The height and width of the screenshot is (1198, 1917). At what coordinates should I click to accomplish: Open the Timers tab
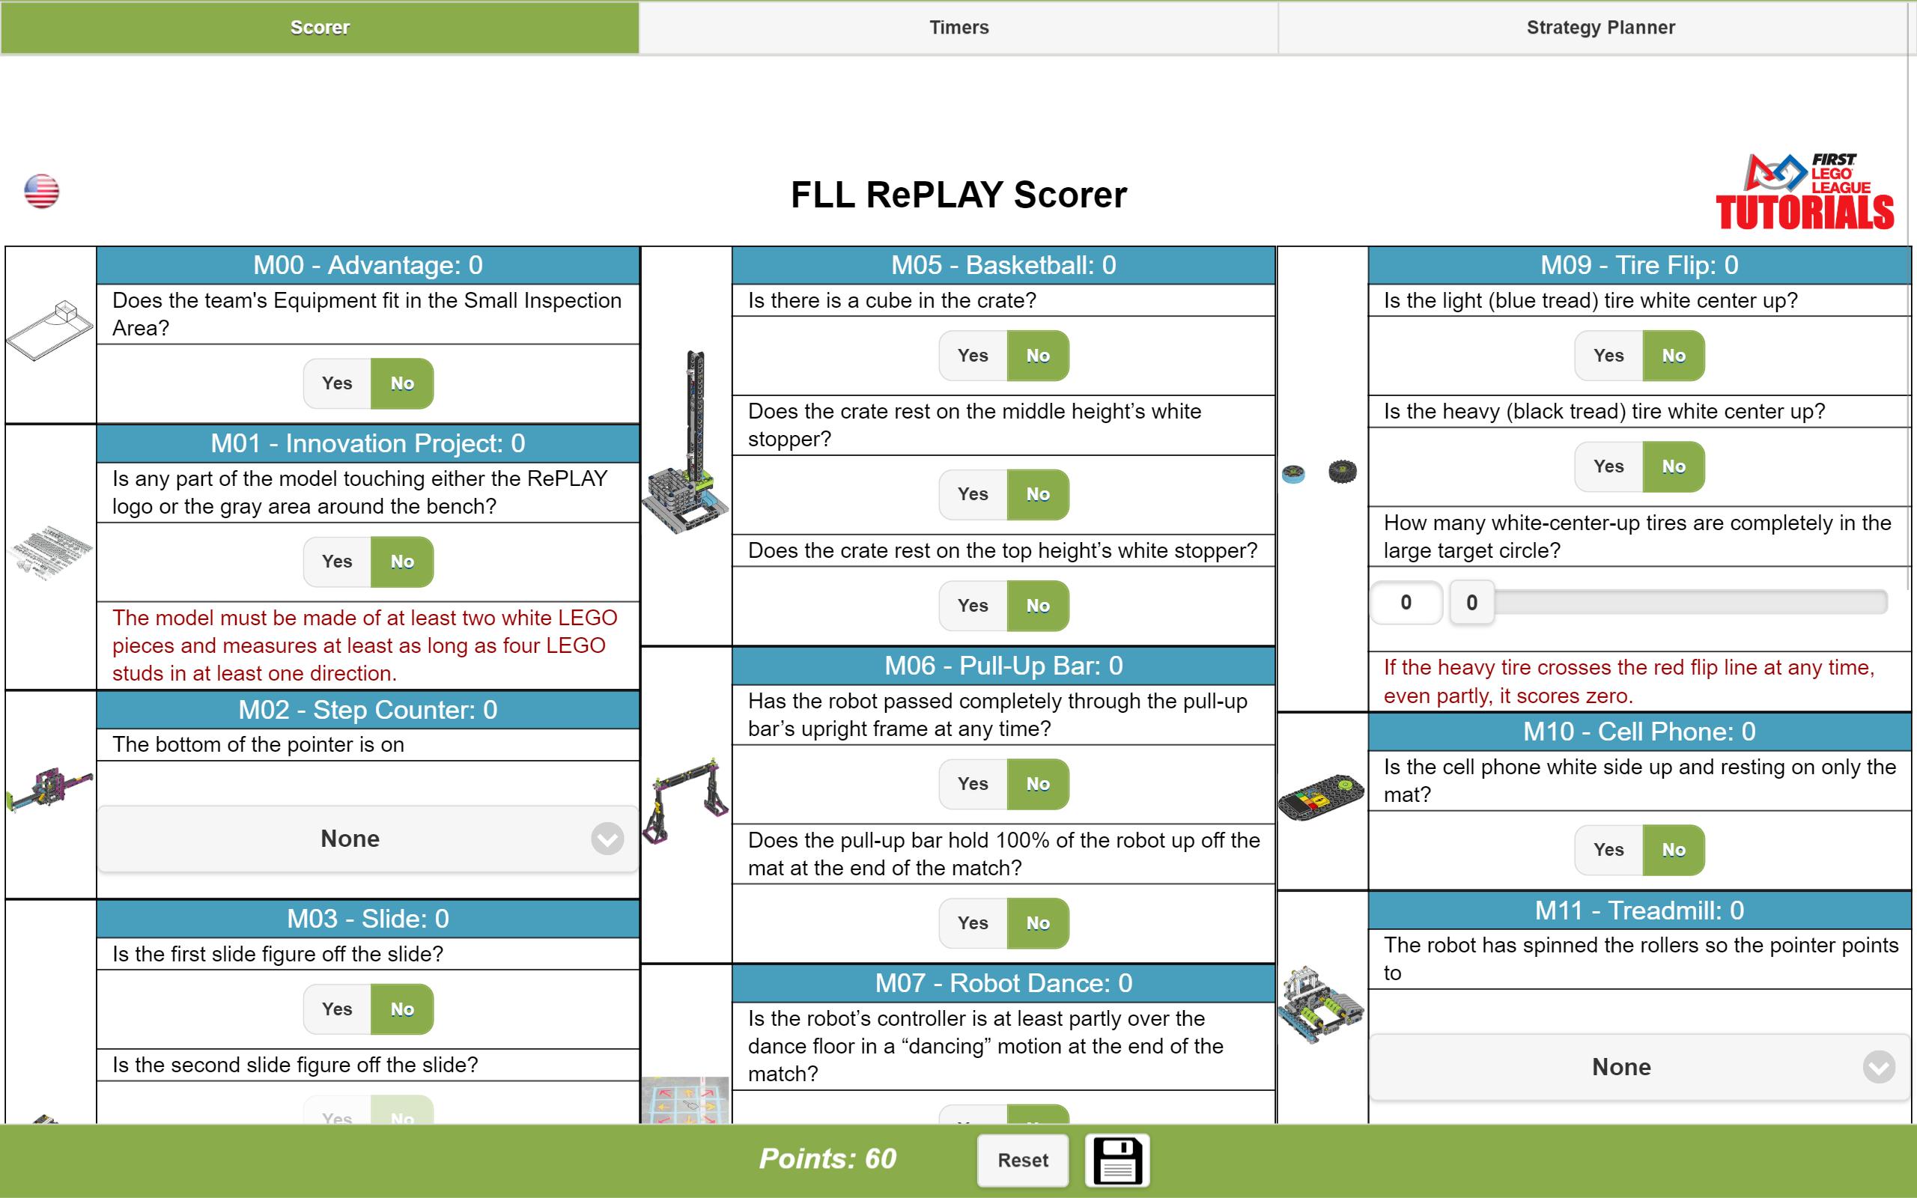point(958,28)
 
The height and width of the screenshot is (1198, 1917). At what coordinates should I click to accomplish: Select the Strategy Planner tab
point(1600,28)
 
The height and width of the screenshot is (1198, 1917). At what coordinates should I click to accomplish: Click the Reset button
point(1023,1160)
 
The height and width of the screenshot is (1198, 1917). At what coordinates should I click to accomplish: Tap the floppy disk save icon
point(1117,1160)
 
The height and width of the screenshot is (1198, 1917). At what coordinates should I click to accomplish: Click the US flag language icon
point(41,191)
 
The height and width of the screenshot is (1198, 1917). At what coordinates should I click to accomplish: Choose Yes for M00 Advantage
point(338,383)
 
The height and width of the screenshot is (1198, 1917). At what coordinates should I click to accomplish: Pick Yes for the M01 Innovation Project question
point(338,562)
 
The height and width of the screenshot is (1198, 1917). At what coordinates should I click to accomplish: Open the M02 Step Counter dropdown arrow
point(607,839)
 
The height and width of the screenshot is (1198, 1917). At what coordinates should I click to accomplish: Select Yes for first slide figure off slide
point(338,1009)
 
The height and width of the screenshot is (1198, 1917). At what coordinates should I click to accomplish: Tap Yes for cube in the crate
point(973,356)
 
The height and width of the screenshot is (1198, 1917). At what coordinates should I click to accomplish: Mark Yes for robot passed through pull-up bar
point(973,785)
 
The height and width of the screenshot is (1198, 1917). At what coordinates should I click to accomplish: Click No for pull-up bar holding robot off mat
point(1038,923)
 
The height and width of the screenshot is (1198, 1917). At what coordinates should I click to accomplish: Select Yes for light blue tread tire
point(1608,356)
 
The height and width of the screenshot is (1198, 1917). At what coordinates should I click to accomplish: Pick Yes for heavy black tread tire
point(1608,466)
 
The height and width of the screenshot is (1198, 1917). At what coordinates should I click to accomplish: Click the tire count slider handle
point(1471,603)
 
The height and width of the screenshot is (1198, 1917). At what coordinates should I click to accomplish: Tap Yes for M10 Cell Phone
point(1608,850)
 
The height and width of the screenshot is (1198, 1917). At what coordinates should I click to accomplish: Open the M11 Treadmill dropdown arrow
point(1879,1066)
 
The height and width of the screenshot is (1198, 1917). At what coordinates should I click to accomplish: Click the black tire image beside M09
point(1342,472)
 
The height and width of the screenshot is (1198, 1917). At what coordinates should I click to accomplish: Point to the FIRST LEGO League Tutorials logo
point(1805,192)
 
